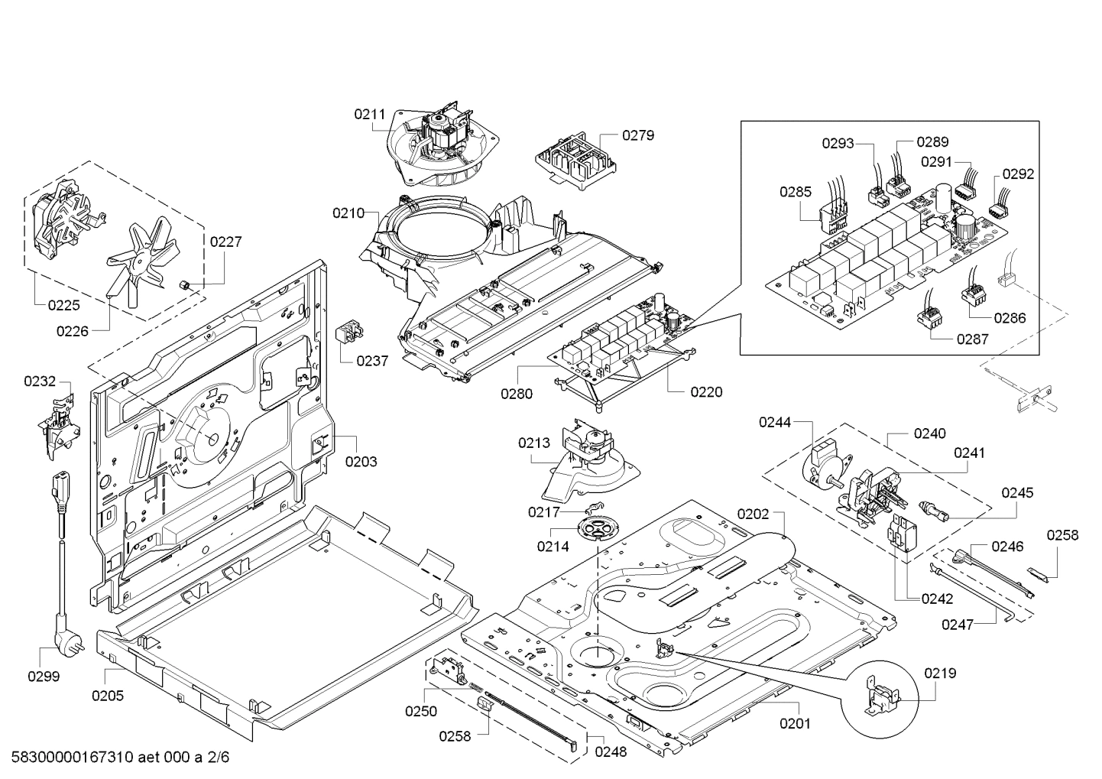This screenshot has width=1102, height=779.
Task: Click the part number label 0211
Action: pos(369,115)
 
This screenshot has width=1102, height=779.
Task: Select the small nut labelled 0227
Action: pos(186,285)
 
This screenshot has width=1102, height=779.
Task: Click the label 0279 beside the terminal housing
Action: pos(638,135)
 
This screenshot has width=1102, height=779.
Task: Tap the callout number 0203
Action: pos(361,462)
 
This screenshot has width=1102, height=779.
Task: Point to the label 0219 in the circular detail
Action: pos(940,674)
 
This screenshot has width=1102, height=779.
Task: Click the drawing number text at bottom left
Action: pos(120,757)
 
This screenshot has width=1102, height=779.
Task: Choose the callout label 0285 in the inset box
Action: pos(796,192)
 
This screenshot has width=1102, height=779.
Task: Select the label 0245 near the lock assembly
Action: pos(1017,492)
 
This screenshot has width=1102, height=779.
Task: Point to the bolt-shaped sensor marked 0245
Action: pos(934,510)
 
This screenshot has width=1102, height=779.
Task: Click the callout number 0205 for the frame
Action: pos(108,696)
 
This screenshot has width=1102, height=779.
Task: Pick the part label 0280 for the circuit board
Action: pos(517,394)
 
